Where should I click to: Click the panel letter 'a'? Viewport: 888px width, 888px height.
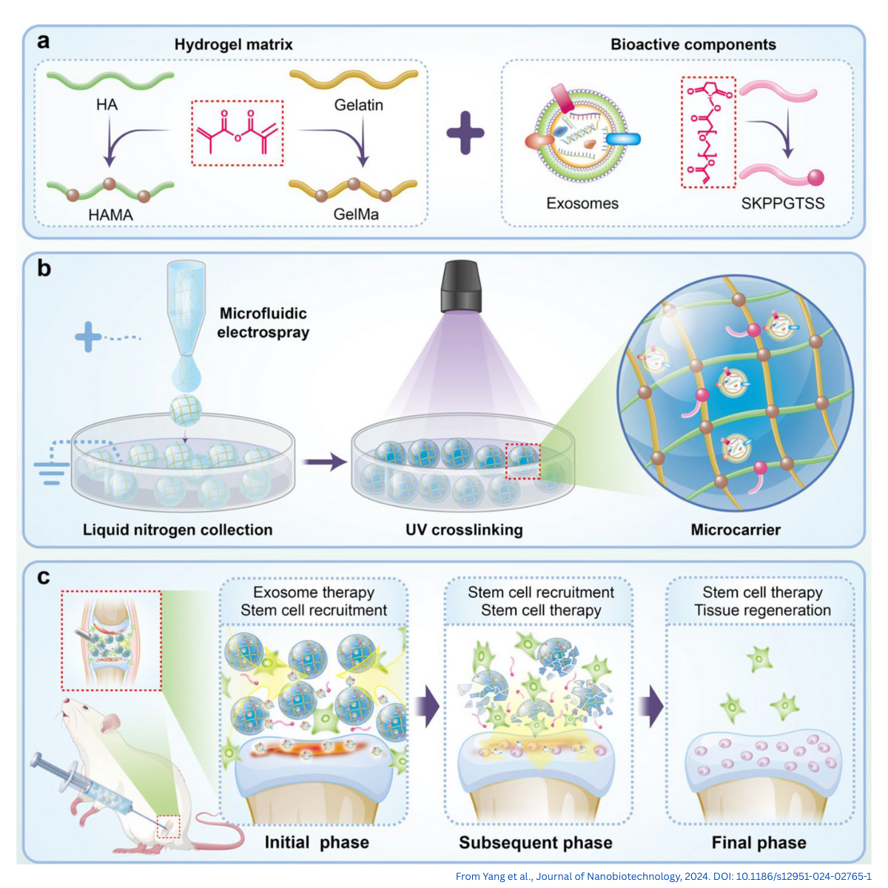click(44, 41)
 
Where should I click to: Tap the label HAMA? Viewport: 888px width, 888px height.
click(111, 215)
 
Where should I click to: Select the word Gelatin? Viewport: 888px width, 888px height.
click(358, 105)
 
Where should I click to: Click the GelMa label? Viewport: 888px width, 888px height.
click(356, 215)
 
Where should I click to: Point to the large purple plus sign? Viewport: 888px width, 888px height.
click(465, 133)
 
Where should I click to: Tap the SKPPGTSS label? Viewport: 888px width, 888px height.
click(782, 203)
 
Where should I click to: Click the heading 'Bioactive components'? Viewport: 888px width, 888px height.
click(693, 44)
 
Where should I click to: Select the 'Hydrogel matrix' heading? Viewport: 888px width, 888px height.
click(233, 44)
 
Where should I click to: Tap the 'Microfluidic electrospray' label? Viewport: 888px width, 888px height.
click(263, 323)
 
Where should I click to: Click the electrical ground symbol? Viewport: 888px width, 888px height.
click(51, 472)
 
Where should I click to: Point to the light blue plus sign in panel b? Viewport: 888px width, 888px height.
click(88, 338)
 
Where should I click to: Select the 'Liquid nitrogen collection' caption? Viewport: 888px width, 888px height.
click(178, 530)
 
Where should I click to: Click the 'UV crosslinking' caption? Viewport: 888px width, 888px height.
click(464, 530)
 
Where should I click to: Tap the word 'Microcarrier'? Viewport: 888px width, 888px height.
click(736, 530)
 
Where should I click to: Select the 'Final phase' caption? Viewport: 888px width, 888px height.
click(758, 843)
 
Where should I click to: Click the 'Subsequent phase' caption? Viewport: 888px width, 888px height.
click(536, 843)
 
